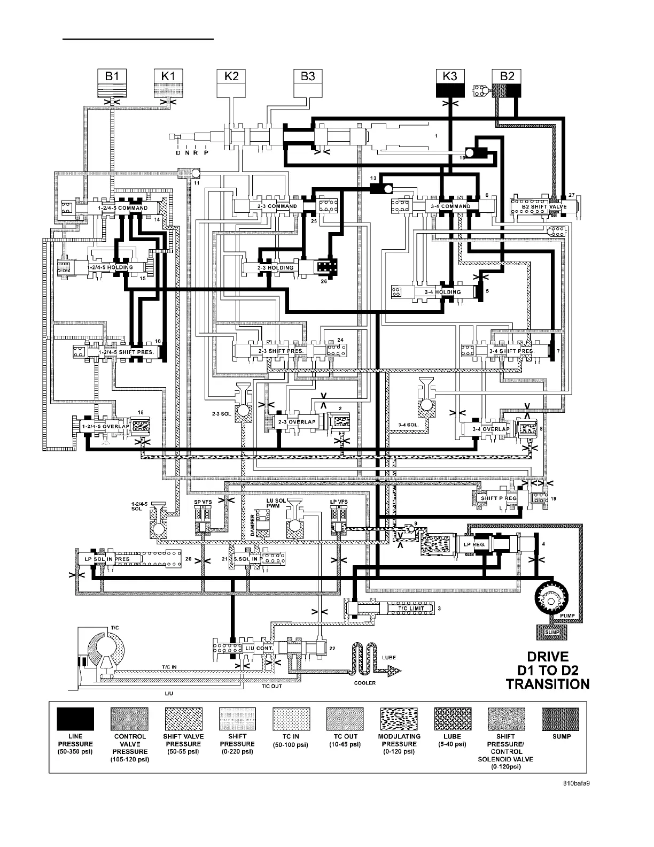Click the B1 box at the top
[112, 76]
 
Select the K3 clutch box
[450, 76]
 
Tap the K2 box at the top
[231, 76]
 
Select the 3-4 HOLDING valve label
[442, 292]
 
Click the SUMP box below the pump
[552, 633]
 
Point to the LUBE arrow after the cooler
[387, 668]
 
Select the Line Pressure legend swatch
[75, 719]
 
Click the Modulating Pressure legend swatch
[399, 719]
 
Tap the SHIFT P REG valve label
[498, 498]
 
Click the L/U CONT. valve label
[259, 648]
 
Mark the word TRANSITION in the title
[548, 684]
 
